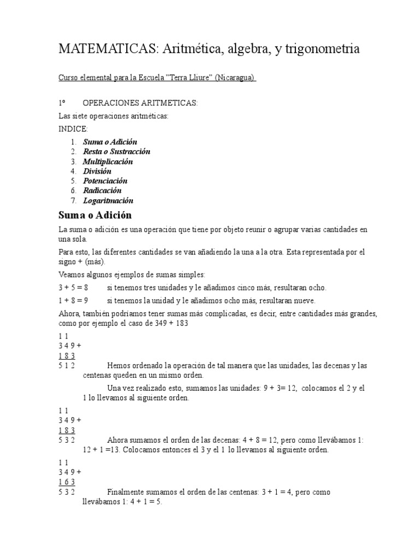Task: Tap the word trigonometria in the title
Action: click(322, 49)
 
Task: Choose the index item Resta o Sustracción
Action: click(116, 152)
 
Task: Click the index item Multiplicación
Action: click(108, 162)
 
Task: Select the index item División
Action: click(97, 171)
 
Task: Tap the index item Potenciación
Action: click(105, 181)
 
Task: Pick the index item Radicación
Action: click(102, 191)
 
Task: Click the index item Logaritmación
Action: click(108, 201)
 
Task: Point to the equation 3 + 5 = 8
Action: click(73, 288)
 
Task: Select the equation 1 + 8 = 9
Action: click(73, 301)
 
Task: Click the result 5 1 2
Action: click(67, 365)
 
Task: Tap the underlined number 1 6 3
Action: click(67, 482)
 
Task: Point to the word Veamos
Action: click(72, 274)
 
